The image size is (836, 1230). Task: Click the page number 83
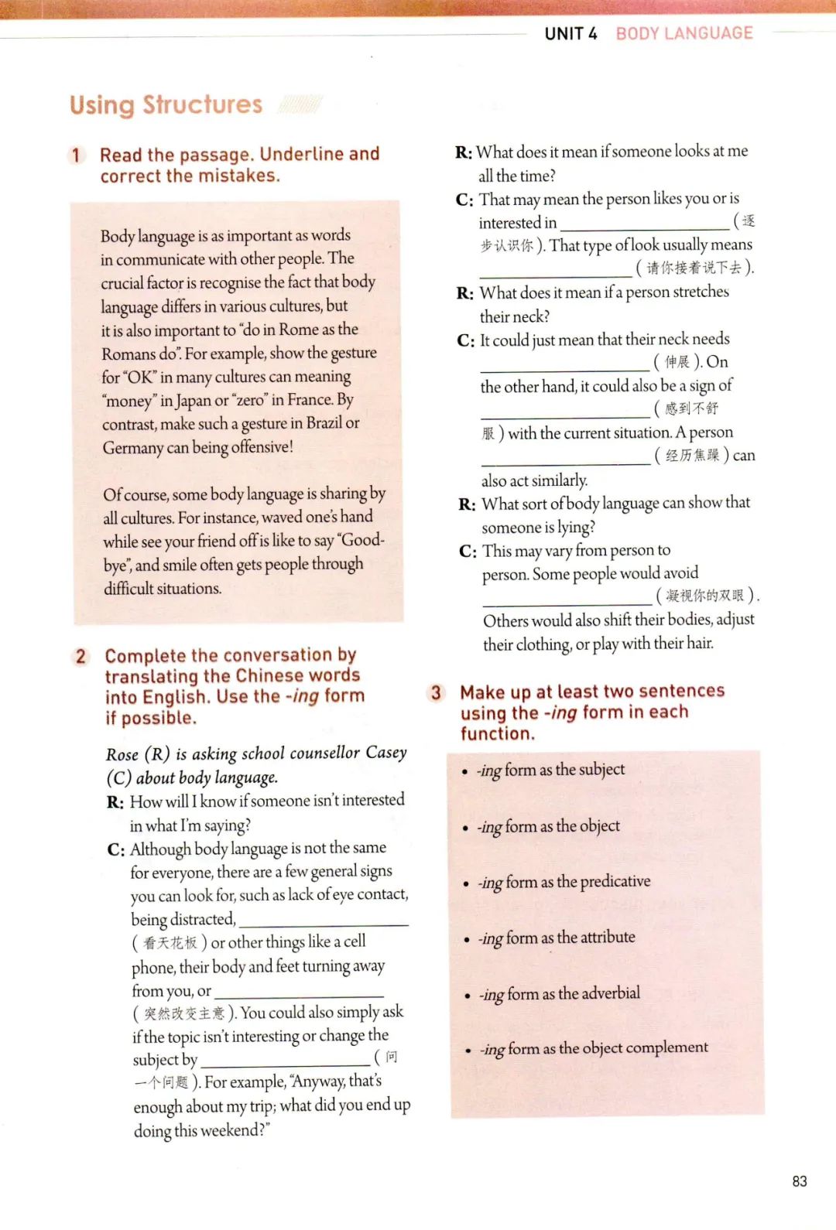[x=800, y=1181]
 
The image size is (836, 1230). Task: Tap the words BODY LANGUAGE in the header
[x=684, y=33]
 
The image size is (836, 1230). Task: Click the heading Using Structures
[x=166, y=104]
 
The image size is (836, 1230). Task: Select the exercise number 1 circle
[x=76, y=155]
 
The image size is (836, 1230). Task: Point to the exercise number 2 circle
[x=81, y=657]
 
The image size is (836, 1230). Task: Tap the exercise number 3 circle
[x=436, y=692]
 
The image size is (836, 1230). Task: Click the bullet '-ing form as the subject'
[x=550, y=770]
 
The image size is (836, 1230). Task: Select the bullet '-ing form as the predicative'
[x=564, y=882]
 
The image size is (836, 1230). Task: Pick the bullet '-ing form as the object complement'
[x=593, y=1048]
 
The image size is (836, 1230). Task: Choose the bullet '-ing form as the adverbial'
[x=559, y=993]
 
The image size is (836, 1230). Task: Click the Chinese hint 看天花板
[x=170, y=943]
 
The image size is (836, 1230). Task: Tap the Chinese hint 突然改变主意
[x=184, y=1013]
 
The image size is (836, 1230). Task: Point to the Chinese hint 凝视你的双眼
[x=704, y=596]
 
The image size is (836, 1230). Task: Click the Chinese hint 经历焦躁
[x=692, y=456]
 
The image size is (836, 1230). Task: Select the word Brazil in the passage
[x=324, y=423]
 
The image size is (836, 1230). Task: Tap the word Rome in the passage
[x=298, y=330]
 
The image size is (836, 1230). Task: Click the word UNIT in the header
[x=564, y=33]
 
